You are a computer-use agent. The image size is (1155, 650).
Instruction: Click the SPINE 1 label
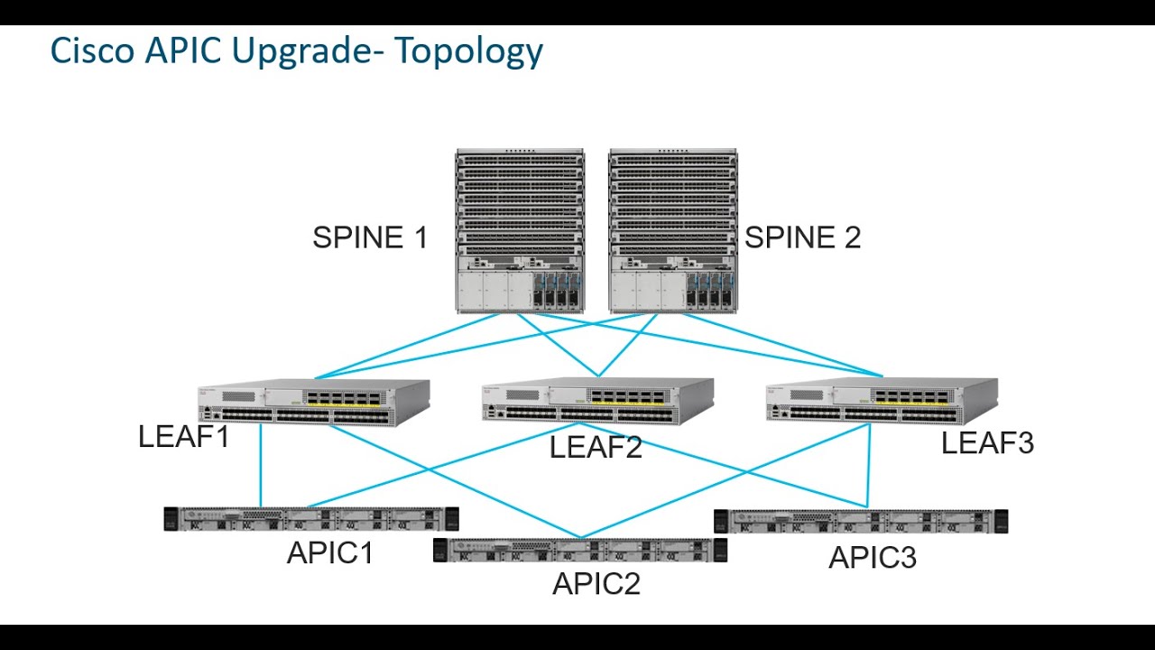pos(370,237)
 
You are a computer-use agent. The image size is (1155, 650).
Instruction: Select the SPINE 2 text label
pos(802,237)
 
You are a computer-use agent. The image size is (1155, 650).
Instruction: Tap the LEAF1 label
pos(184,437)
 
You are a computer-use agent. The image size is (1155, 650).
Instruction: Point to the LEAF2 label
pos(596,446)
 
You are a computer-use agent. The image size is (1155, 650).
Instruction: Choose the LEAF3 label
pos(987,443)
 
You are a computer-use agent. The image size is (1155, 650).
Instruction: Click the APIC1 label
pos(329,552)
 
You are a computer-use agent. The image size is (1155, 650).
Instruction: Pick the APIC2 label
pos(596,584)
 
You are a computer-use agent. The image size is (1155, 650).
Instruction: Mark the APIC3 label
pos(873,558)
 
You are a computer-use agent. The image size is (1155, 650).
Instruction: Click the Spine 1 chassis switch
pos(520,231)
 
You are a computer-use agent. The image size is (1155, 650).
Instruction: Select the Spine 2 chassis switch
pos(673,231)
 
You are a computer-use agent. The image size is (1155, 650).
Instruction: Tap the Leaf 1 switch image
pos(314,402)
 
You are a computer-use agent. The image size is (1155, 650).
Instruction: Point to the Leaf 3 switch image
pos(882,402)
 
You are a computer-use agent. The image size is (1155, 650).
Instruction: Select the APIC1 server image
pos(311,519)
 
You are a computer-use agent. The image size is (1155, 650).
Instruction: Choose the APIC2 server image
pos(579,550)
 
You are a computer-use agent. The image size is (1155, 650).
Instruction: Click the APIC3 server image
pos(860,521)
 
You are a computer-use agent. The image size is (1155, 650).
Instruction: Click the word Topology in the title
pos(469,51)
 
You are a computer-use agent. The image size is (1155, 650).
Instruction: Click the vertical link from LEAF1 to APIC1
pos(261,465)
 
